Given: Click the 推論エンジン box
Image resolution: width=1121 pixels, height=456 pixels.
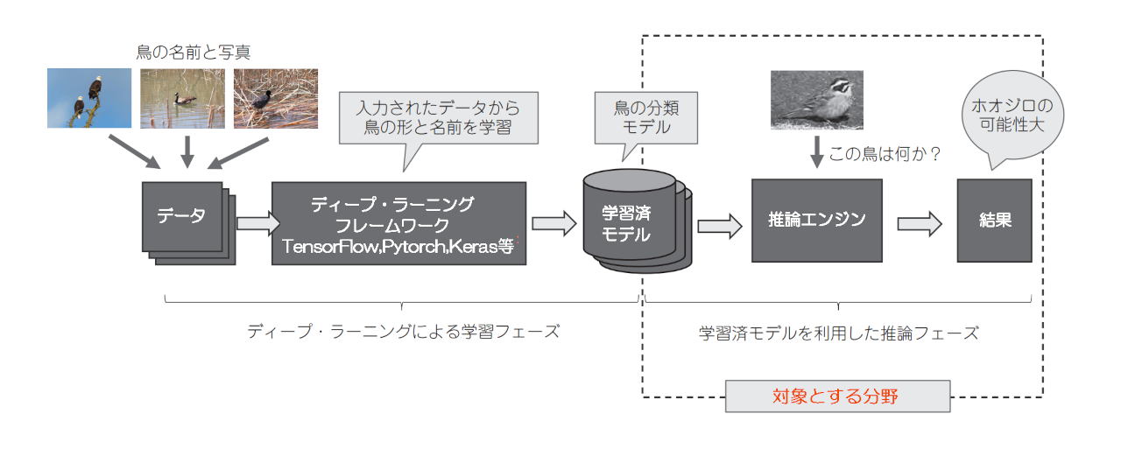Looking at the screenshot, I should click(816, 221).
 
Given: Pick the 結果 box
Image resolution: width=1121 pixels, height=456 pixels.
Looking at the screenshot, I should click(994, 221).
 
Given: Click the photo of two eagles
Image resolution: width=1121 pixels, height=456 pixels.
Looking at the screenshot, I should click(89, 98).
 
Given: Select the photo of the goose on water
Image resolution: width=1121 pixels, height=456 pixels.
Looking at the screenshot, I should click(182, 98).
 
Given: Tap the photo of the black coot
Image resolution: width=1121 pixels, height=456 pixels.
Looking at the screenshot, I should click(275, 98).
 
